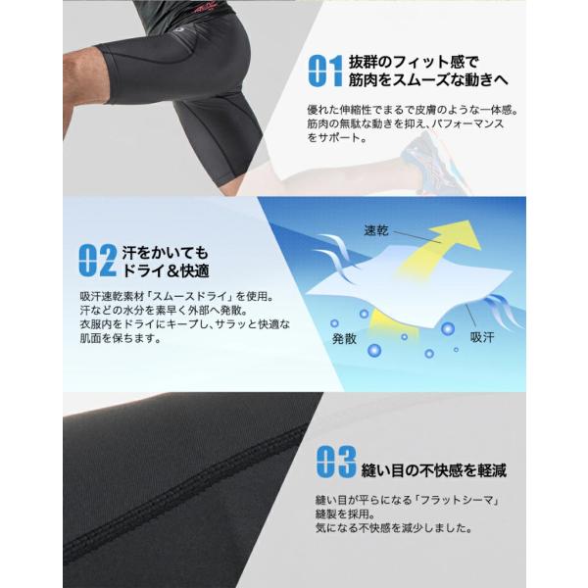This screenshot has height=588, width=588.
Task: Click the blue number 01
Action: point(325,71)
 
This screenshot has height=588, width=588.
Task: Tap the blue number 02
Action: point(97,261)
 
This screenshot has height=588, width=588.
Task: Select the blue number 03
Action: point(336,462)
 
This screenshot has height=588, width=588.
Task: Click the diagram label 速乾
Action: point(376,230)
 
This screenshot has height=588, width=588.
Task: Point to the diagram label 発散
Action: point(344,339)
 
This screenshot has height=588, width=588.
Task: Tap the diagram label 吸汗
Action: point(482,337)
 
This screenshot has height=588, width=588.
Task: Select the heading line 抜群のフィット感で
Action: point(414,63)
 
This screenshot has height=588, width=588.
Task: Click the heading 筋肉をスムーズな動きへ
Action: point(428,79)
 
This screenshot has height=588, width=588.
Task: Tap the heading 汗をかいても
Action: point(165,253)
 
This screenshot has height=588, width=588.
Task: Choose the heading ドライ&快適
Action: point(166,270)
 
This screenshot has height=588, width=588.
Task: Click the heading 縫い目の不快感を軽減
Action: point(433,470)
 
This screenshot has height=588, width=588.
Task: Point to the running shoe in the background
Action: point(431,162)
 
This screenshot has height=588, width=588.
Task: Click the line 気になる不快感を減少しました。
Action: point(394,528)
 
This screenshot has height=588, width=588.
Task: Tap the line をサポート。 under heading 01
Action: point(336,138)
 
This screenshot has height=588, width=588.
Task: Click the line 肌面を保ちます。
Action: point(121,339)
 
